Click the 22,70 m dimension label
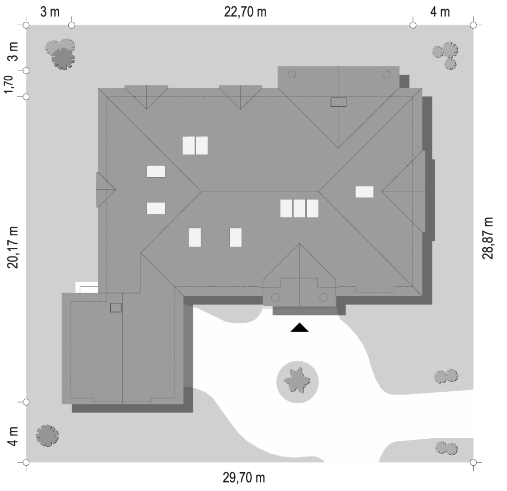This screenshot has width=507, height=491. (245, 12)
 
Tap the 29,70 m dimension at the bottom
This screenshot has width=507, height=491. (244, 478)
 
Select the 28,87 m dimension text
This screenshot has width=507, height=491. (488, 238)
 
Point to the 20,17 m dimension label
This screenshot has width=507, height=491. (13, 247)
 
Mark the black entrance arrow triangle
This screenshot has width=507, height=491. (299, 328)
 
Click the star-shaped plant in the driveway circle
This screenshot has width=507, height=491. (297, 381)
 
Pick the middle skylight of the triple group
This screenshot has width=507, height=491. (299, 208)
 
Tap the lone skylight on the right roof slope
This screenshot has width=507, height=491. (364, 192)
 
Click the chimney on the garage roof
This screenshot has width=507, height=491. (116, 307)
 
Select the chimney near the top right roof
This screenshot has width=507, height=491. (339, 102)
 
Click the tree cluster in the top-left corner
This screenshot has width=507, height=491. (61, 53)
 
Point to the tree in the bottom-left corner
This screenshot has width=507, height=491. (47, 436)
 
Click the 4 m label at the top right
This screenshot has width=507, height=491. (440, 12)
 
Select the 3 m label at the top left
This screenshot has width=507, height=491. (50, 12)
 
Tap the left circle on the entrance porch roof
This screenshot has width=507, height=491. (275, 297)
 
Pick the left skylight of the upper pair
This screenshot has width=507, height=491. (189, 145)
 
